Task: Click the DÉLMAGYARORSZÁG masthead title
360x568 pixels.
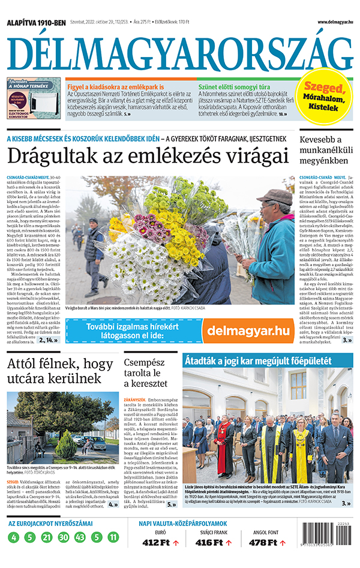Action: [x=180, y=50]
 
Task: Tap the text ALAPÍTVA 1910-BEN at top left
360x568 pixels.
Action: [x=36, y=22]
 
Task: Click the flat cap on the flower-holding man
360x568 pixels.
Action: [x=274, y=196]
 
